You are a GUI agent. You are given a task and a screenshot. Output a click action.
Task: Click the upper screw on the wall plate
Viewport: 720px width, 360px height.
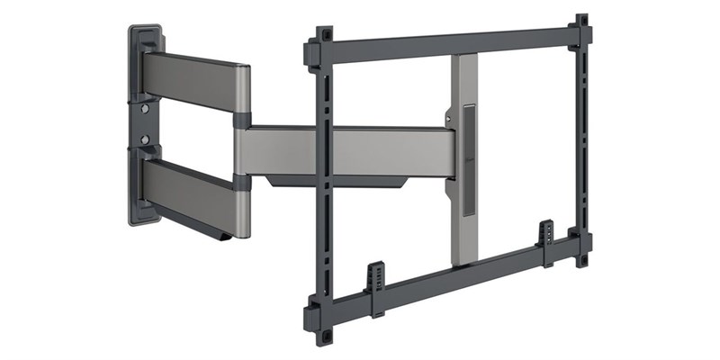tap(145, 109)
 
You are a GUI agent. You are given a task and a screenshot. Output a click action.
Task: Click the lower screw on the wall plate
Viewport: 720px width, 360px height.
tap(145, 140)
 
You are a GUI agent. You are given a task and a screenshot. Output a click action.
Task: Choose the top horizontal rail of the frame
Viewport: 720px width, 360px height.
tap(450, 43)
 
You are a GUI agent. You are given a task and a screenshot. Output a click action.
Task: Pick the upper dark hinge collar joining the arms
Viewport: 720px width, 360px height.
tap(242, 120)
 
